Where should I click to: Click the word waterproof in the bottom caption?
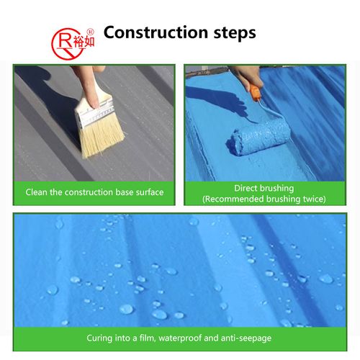pos(192,337)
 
